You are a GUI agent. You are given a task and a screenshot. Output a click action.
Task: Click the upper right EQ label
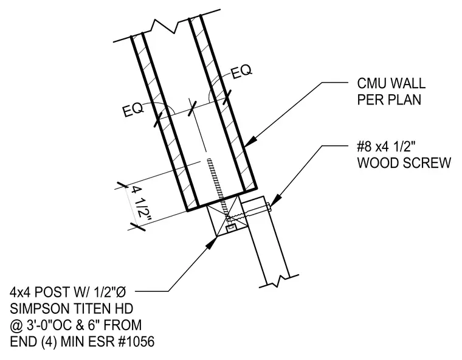pyautogui.click(x=241, y=72)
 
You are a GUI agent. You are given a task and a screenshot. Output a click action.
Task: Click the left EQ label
pyautogui.click(x=134, y=110)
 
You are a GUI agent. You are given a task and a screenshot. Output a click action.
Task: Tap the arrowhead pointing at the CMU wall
pyautogui.click(x=249, y=142)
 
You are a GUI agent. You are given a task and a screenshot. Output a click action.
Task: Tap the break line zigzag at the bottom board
pyautogui.click(x=278, y=282)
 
